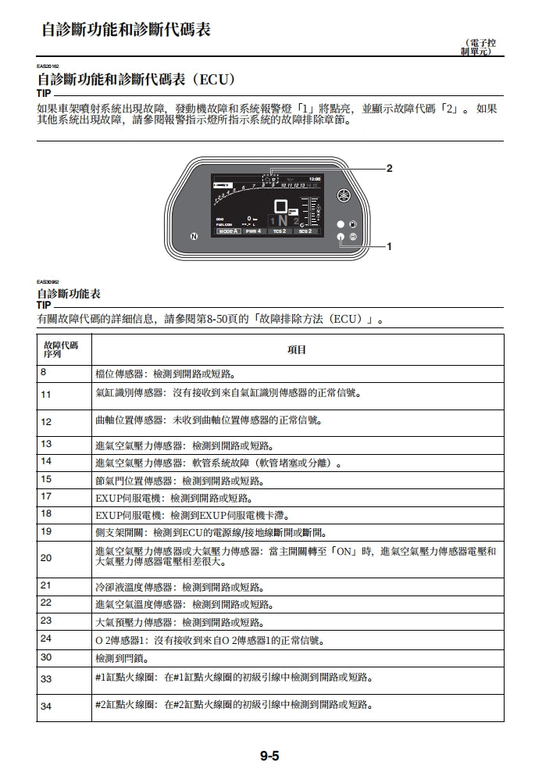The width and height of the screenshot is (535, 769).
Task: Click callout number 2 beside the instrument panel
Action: pos(389,168)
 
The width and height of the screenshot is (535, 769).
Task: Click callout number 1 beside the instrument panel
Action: pos(389,246)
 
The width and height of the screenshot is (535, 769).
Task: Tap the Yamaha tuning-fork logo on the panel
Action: pos(341,195)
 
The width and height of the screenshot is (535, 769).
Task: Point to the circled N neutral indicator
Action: pos(194,235)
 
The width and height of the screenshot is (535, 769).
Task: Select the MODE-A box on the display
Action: pos(227,231)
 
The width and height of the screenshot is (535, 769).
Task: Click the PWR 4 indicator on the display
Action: pos(253,231)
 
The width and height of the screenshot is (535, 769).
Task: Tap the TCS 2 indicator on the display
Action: pos(279,231)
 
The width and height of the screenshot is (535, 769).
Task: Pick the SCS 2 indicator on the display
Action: pos(305,231)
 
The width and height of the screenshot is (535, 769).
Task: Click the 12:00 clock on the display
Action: pos(314,179)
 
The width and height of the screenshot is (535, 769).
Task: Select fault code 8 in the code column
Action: pos(44,372)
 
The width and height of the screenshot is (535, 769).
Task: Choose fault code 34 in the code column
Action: pos(46,706)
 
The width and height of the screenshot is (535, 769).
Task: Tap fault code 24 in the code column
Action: pos(46,638)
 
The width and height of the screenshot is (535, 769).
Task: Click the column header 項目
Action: pos(297,350)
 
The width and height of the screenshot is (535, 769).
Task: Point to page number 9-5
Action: pos(270,755)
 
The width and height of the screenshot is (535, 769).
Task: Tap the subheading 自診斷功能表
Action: pos(69,295)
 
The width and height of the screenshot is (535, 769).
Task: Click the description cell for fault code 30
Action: pos(297,659)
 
